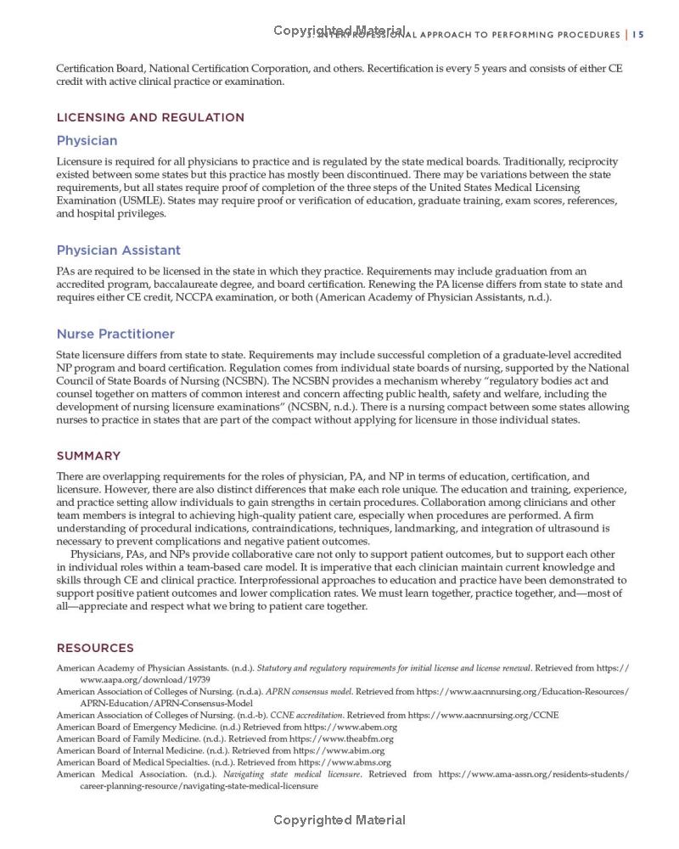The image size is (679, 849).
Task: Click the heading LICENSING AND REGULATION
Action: tap(150, 117)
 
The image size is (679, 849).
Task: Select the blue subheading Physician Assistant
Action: tap(118, 250)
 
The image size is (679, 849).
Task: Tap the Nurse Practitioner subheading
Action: tap(115, 334)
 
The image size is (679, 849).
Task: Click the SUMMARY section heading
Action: tap(88, 456)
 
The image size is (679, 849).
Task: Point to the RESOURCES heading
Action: tap(95, 648)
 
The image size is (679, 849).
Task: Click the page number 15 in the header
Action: tap(638, 35)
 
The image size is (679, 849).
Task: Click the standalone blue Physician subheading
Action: tap(87, 141)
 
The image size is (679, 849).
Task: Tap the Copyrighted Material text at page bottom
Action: tap(339, 820)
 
